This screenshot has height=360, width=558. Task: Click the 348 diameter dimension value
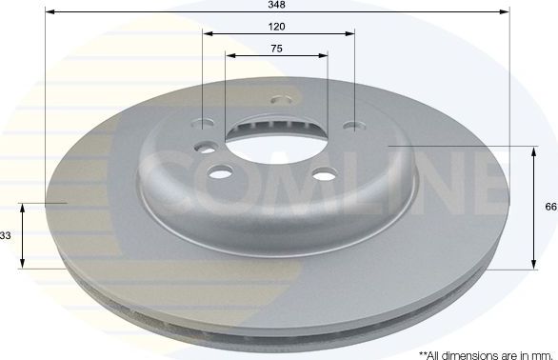point(277,5)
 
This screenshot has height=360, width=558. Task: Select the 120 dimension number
point(277,26)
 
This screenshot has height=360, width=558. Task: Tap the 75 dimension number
point(277,48)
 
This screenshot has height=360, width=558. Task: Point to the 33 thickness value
point(6,235)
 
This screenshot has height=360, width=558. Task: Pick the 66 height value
point(550,205)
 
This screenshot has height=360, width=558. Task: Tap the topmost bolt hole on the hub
point(279,99)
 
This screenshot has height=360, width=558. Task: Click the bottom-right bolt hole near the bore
point(325,172)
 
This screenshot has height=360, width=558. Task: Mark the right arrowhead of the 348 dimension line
point(505,12)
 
